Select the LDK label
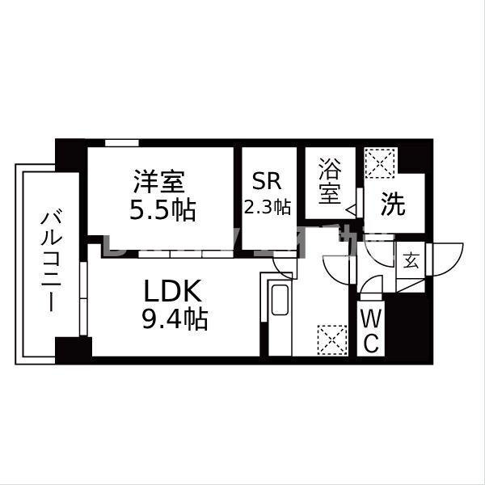tap(176, 290)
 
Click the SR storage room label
tap(266, 180)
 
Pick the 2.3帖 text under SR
tap(268, 207)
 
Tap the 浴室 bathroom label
tap(329, 183)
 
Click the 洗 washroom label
tap(394, 205)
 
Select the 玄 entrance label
tap(411, 260)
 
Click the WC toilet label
tap(370, 328)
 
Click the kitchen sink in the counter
tap(280, 302)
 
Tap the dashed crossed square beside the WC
tap(331, 338)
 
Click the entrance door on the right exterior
tap(444, 259)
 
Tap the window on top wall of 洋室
tap(120, 144)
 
